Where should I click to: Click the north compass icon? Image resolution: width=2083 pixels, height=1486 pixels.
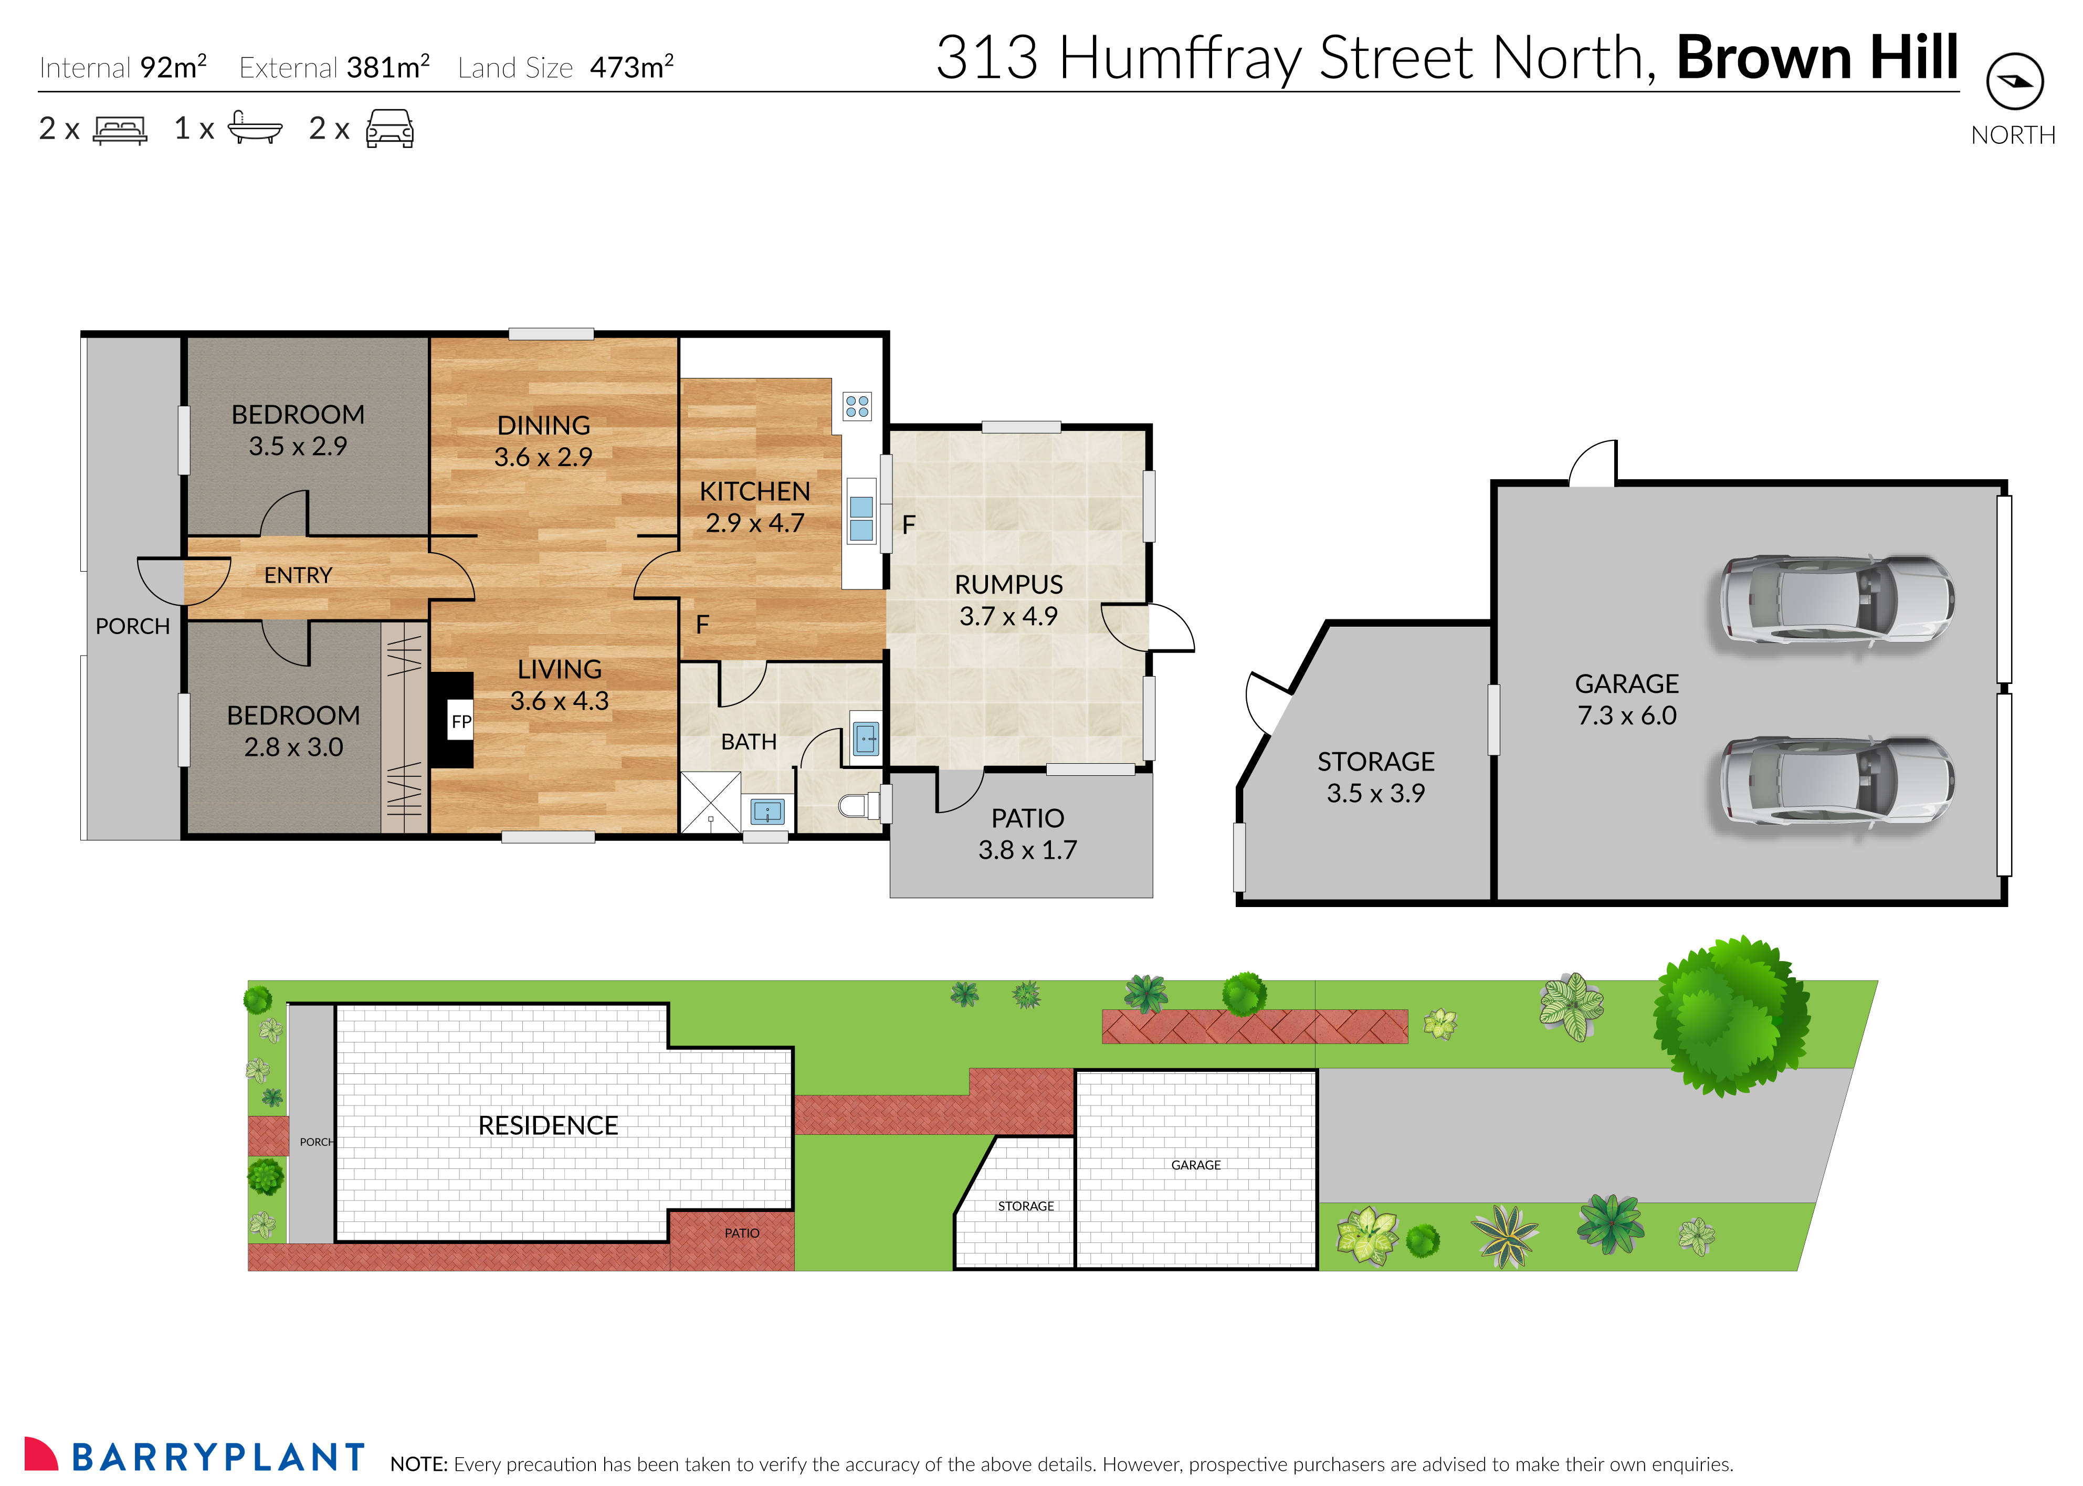coord(2014,81)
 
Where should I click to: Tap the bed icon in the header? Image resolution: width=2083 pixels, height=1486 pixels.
coord(120,129)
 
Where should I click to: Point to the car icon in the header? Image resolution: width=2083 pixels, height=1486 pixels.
coord(390,129)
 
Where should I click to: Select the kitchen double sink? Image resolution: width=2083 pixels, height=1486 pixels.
coord(861,519)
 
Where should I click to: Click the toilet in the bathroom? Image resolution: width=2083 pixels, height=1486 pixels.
coord(858,805)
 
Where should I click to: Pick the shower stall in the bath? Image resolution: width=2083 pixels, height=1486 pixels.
coord(710,802)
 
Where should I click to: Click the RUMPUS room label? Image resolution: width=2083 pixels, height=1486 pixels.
coord(1008,585)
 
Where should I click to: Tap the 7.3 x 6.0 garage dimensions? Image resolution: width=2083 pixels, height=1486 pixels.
coord(1626,715)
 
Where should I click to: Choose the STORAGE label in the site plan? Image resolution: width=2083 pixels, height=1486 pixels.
coord(1025,1206)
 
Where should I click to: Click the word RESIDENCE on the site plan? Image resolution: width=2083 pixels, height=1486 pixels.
coord(548,1125)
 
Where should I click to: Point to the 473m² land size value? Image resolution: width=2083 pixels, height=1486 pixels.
coord(632,67)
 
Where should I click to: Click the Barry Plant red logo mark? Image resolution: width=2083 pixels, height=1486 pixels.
coord(41,1454)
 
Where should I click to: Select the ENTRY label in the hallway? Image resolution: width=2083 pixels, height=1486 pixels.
coord(298,575)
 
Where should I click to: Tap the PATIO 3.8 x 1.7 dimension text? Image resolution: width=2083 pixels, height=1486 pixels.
coord(1027,850)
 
